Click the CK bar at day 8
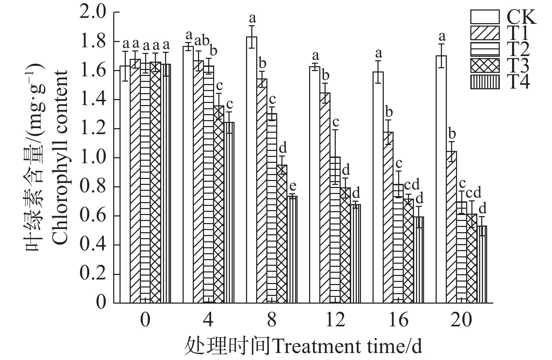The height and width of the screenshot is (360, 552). click(x=252, y=169)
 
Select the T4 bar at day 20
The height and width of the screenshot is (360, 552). click(x=482, y=264)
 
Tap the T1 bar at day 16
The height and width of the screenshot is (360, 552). click(x=388, y=217)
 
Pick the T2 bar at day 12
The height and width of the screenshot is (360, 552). click(x=335, y=230)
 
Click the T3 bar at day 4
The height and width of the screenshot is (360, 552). click(x=219, y=204)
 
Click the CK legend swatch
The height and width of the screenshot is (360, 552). click(x=485, y=17)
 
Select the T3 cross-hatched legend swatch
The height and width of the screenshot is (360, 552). click(x=485, y=65)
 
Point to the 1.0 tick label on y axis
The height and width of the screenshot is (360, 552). click(x=93, y=158)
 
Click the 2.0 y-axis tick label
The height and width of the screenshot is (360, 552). click(x=93, y=12)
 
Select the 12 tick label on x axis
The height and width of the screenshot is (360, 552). click(x=335, y=320)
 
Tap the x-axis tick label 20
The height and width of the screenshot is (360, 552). click(x=462, y=320)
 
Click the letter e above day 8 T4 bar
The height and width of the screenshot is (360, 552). click(x=293, y=185)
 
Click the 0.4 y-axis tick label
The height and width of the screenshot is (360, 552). click(x=93, y=245)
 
